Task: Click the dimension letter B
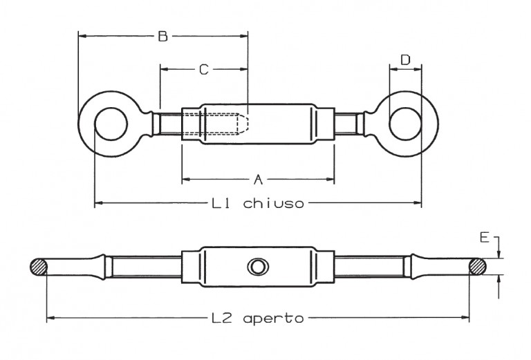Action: [163, 36]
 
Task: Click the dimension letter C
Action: [203, 70]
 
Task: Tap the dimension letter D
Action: [405, 60]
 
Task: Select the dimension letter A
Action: [259, 180]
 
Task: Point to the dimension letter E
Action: [485, 238]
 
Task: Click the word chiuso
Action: [274, 203]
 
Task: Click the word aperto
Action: [273, 319]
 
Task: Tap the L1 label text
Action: [221, 203]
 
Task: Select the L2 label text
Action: [222, 319]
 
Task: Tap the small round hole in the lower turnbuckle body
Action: [258, 267]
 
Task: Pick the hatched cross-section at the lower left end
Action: [38, 267]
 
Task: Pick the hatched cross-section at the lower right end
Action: [478, 267]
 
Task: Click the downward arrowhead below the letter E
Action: [499, 254]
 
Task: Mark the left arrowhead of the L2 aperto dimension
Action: [50, 318]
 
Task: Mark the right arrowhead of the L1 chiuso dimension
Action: [418, 202]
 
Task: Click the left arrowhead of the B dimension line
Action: [82, 36]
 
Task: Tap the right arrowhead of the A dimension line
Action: [330, 180]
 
